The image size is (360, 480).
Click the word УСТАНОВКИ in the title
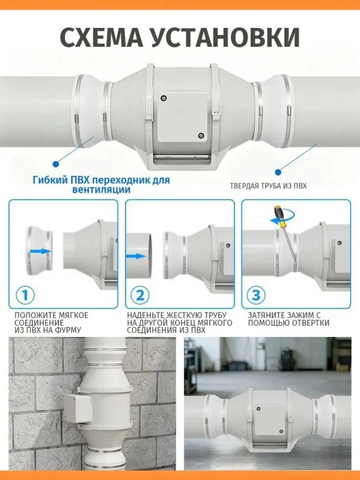point(225,38)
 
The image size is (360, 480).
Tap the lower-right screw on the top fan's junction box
point(201,135)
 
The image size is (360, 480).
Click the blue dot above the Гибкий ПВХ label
point(55,164)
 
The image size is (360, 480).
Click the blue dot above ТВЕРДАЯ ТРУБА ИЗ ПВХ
point(278,172)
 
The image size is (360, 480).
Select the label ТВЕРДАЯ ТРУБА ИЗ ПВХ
point(268,186)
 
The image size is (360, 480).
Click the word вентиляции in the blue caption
point(101,190)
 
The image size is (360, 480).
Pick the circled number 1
point(25,295)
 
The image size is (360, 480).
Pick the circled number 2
point(140,295)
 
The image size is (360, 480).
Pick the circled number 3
point(256,295)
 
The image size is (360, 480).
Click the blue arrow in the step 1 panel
point(40,251)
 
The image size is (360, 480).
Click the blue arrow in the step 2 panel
point(136,256)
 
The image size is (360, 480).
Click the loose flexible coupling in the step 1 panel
point(40,251)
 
